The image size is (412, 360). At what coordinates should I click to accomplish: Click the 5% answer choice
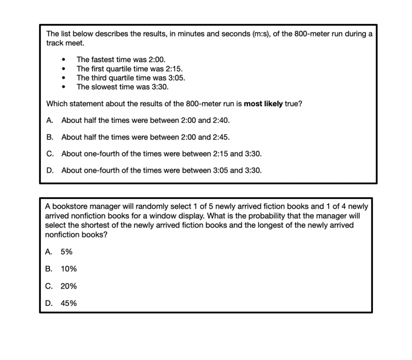click(66, 252)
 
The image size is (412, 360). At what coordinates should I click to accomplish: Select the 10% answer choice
click(68, 269)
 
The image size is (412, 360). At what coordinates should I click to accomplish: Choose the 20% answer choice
click(68, 286)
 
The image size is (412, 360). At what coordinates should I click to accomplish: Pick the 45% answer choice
click(68, 303)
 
